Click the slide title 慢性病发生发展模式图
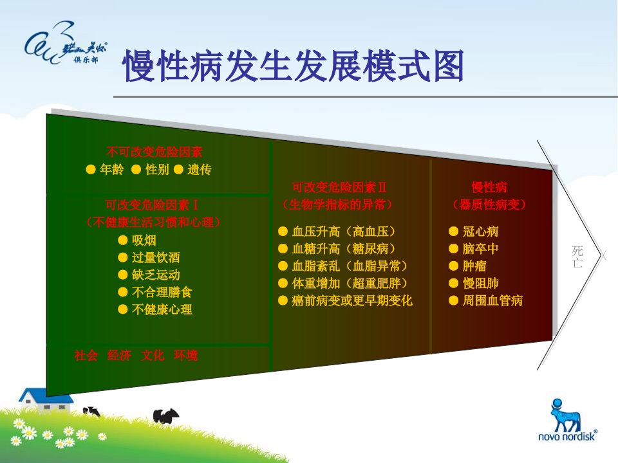point(293,66)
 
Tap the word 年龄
point(111,169)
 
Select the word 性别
point(157,169)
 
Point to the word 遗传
point(200,169)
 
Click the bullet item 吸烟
point(144,240)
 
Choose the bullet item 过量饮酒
point(156,257)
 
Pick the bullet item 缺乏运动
point(156,275)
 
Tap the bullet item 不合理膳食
point(162,292)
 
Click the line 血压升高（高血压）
point(343,232)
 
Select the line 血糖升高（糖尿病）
point(343,249)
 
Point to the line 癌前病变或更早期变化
point(352,301)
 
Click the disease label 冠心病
point(480,232)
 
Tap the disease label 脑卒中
point(480,249)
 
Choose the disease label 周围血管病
point(492,301)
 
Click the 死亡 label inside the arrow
point(577,257)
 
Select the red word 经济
point(119,356)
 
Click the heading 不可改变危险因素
point(154,152)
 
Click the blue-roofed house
point(46,401)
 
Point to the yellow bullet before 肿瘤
point(453,266)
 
